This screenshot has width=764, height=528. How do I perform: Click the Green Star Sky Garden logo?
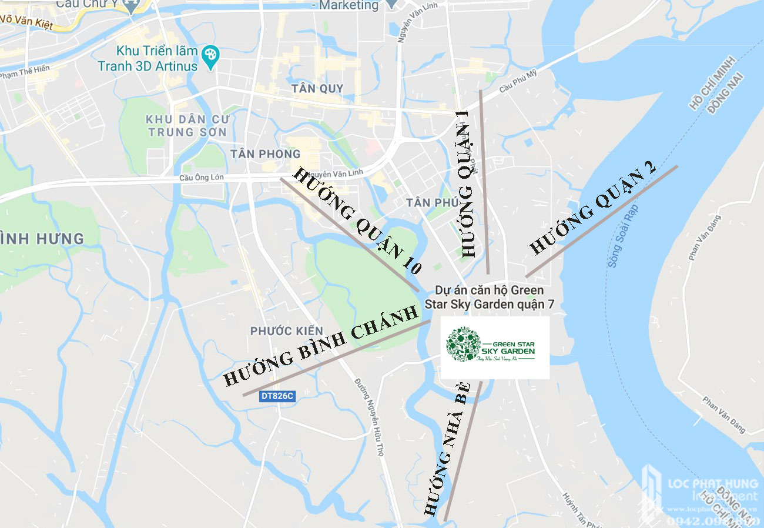(x=495, y=347)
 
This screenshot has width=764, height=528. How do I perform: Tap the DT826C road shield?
(x=277, y=396)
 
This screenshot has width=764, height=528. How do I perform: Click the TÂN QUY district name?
(x=317, y=88)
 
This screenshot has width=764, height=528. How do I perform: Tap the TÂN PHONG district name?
(x=266, y=154)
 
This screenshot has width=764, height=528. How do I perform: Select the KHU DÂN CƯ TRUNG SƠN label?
(x=187, y=125)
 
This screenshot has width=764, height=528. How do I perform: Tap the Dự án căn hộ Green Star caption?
(x=489, y=297)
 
